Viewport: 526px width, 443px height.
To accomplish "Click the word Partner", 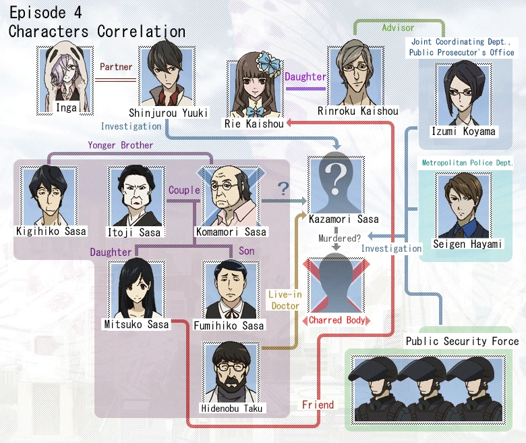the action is tap(116, 68).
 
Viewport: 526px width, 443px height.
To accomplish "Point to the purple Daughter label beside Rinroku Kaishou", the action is tap(305, 76).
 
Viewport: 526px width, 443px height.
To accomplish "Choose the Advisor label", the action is tap(398, 28).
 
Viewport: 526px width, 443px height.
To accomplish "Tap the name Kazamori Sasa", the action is tap(343, 219).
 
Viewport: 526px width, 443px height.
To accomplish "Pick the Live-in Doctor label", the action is tap(284, 301).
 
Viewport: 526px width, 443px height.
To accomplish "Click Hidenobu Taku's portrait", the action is tap(231, 373).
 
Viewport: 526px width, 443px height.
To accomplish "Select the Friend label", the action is tap(318, 405).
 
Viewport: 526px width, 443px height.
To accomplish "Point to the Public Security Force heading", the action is tap(462, 341).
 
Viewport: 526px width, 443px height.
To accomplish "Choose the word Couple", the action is tap(184, 190).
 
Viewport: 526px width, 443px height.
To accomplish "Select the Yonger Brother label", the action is tap(120, 145).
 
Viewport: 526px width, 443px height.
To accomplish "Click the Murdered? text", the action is tap(339, 238).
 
